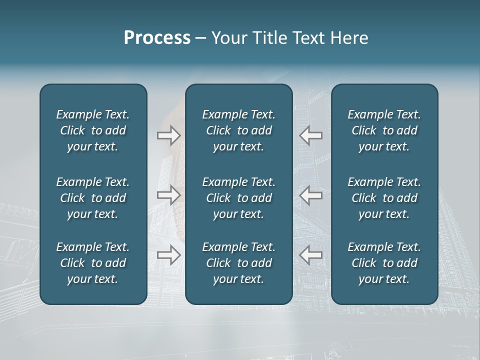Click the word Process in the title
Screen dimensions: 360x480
point(157,38)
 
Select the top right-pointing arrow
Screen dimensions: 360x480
point(168,135)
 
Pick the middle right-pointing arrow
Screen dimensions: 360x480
point(168,195)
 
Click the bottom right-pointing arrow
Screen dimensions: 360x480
point(168,254)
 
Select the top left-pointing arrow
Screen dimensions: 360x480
point(311,135)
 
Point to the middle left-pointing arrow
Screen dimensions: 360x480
point(311,195)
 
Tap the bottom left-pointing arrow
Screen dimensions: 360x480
point(311,254)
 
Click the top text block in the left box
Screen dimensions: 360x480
point(93,130)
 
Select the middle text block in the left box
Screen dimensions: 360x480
point(93,198)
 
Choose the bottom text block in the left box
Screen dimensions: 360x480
point(93,263)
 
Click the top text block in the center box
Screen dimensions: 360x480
point(239,130)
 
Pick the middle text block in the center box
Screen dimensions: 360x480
point(239,198)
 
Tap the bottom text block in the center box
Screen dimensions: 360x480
point(239,263)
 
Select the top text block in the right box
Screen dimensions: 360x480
point(384,130)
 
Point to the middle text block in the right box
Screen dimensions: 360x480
point(384,198)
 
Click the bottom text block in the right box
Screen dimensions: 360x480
point(384,263)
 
